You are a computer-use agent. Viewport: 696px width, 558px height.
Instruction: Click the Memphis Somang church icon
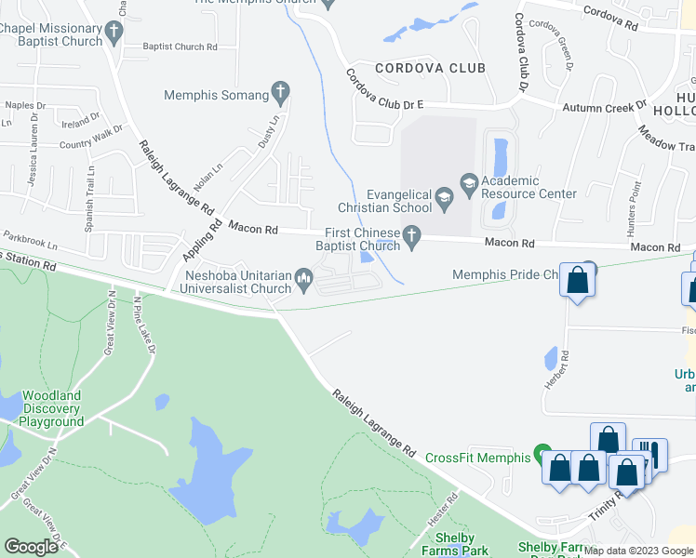279,93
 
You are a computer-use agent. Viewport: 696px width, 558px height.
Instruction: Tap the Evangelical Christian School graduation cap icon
445,195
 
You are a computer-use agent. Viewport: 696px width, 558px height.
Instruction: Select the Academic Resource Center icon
468,182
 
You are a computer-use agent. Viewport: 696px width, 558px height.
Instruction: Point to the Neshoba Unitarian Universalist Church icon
303,276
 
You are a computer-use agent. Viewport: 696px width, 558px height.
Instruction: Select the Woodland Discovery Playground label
52,408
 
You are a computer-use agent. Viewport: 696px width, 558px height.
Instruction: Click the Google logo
31,547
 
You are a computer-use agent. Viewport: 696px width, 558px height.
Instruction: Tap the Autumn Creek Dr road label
603,108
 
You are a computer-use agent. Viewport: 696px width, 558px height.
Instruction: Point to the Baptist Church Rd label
180,46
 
